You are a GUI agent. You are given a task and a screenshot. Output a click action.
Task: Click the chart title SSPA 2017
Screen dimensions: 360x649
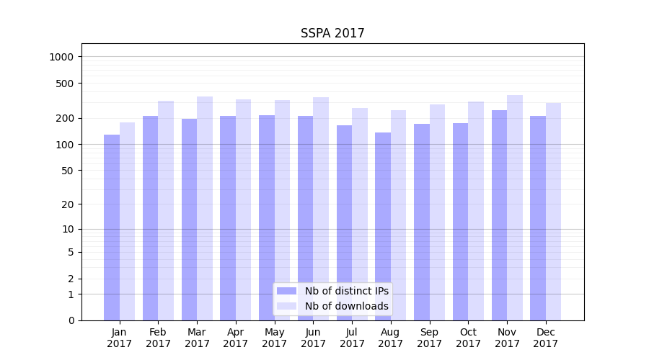pos(332,34)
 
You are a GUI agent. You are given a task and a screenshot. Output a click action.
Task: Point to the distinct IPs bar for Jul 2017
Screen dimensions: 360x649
pos(344,223)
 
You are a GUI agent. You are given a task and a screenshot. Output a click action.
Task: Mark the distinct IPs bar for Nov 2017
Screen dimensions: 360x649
pos(499,215)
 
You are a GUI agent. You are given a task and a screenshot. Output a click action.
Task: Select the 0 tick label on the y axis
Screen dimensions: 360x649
pos(71,320)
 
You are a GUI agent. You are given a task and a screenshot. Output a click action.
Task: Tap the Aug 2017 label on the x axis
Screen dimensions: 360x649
pos(391,338)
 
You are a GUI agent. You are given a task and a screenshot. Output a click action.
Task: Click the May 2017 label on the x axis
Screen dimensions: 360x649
pos(275,338)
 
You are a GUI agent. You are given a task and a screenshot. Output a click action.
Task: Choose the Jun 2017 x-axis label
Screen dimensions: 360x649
pos(313,338)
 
